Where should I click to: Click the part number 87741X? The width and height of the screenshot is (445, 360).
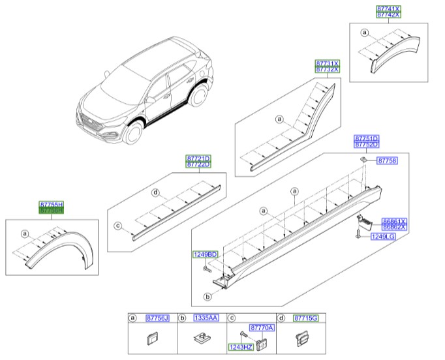[389, 8]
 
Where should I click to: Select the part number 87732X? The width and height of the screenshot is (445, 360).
[328, 69]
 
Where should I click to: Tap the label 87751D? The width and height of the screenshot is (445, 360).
[366, 139]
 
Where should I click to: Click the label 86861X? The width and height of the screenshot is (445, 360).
[395, 222]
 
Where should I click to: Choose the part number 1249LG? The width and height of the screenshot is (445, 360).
[384, 237]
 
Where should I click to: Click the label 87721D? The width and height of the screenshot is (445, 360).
[198, 158]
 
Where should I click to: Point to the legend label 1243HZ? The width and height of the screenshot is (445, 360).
[239, 346]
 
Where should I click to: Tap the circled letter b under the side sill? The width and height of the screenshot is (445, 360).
[208, 296]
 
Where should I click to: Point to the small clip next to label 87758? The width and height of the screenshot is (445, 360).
[360, 159]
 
